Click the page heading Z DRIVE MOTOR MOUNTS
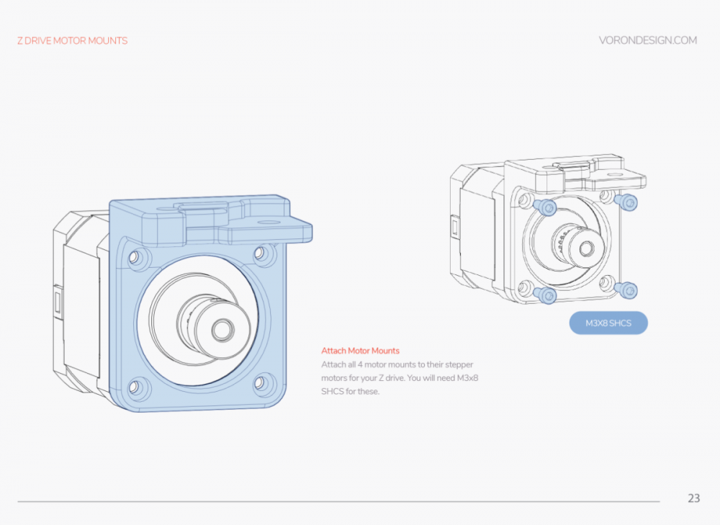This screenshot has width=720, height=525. pos(73,41)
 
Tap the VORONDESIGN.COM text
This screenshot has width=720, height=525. pos(647,40)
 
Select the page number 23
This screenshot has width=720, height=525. pos(693,498)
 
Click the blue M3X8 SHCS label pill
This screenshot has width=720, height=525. pos(608,323)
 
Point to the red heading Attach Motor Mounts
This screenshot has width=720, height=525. pos(360,351)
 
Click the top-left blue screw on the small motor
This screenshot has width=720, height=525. pos(545,207)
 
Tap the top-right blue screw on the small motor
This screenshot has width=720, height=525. pos(626,202)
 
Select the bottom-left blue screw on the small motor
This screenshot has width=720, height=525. pos(545,295)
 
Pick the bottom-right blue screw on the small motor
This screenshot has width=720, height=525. pos(626,290)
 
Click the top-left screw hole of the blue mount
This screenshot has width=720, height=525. pos(135,257)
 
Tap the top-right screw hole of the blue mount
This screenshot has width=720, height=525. pos(261,253)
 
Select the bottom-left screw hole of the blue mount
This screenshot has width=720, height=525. pos(135,387)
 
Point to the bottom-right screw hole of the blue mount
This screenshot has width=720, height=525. pos(261,382)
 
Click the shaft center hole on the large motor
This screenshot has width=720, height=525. pos(222,329)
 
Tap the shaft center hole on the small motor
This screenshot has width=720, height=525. pos(586,248)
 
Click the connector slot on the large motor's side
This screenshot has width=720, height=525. pos(58,302)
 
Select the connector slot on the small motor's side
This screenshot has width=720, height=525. pos(454,228)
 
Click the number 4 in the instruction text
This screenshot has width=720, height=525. pos(360,364)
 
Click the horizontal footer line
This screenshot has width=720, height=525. pos(338,501)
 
